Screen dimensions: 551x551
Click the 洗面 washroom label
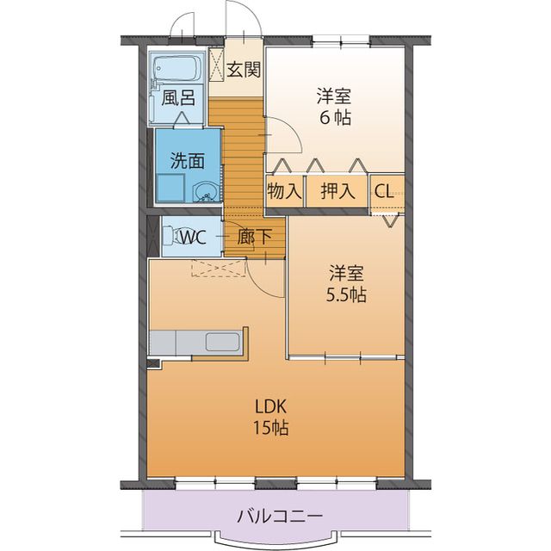coord(187,159)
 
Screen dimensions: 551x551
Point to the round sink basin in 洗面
coord(205,191)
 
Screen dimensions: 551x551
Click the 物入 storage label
coord(283,191)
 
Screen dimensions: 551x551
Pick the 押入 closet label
coord(337,191)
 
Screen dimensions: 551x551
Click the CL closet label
coord(384,191)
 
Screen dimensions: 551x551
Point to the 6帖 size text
coord(336,118)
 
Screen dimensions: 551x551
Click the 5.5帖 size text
coord(345,295)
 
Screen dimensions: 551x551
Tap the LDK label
coord(269,406)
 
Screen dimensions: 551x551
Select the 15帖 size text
coord(269,428)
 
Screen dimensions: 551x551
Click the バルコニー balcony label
coord(279,517)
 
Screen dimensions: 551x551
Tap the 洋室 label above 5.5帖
coord(345,274)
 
